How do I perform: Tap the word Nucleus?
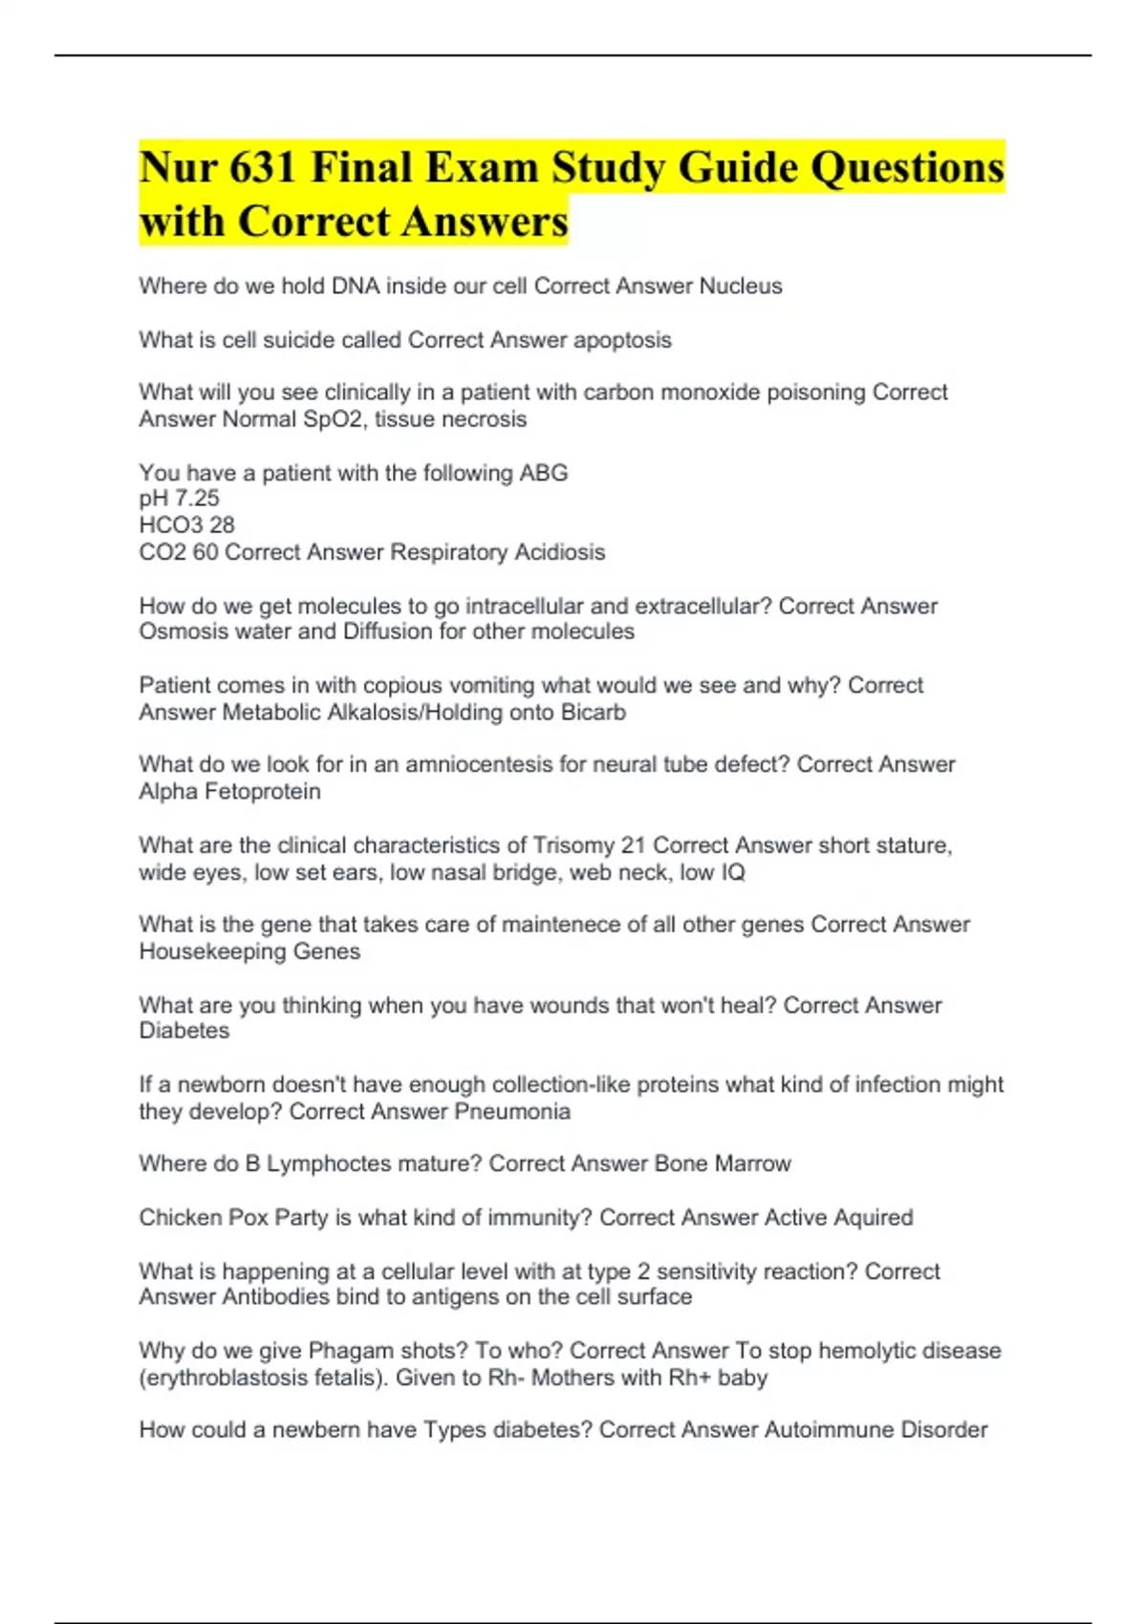(x=741, y=286)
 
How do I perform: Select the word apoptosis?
(x=622, y=340)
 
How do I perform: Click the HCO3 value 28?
(x=222, y=525)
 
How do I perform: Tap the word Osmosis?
(x=179, y=631)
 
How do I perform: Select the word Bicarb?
(x=595, y=712)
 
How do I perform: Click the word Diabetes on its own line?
(x=184, y=1031)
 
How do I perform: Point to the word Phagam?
(x=351, y=1351)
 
